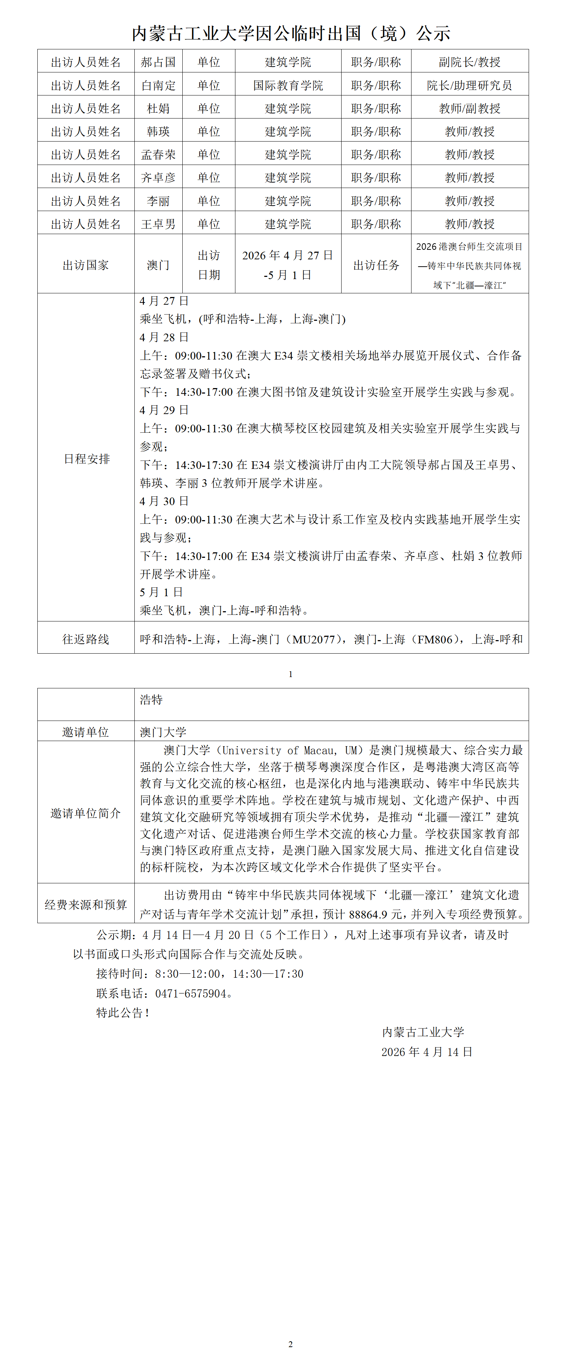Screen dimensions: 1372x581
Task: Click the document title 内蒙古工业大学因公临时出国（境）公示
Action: (291, 34)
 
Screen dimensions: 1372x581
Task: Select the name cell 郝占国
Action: (158, 62)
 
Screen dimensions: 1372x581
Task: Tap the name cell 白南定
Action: (158, 85)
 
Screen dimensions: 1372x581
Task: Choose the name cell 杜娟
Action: (158, 109)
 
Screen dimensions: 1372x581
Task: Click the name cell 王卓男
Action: (158, 224)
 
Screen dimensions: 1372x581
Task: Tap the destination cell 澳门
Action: (158, 265)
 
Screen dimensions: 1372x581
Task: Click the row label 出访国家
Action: (86, 265)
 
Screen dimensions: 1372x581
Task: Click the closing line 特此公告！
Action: (123, 1012)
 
